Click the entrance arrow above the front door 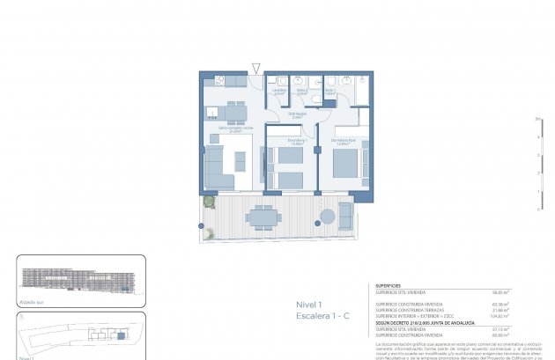point(255,68)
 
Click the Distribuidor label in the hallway point(298,113)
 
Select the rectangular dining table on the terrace point(262,216)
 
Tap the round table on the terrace point(328,216)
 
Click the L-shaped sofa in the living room point(218,167)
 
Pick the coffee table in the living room point(239,163)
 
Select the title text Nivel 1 point(309,305)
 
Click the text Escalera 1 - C point(322,315)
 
